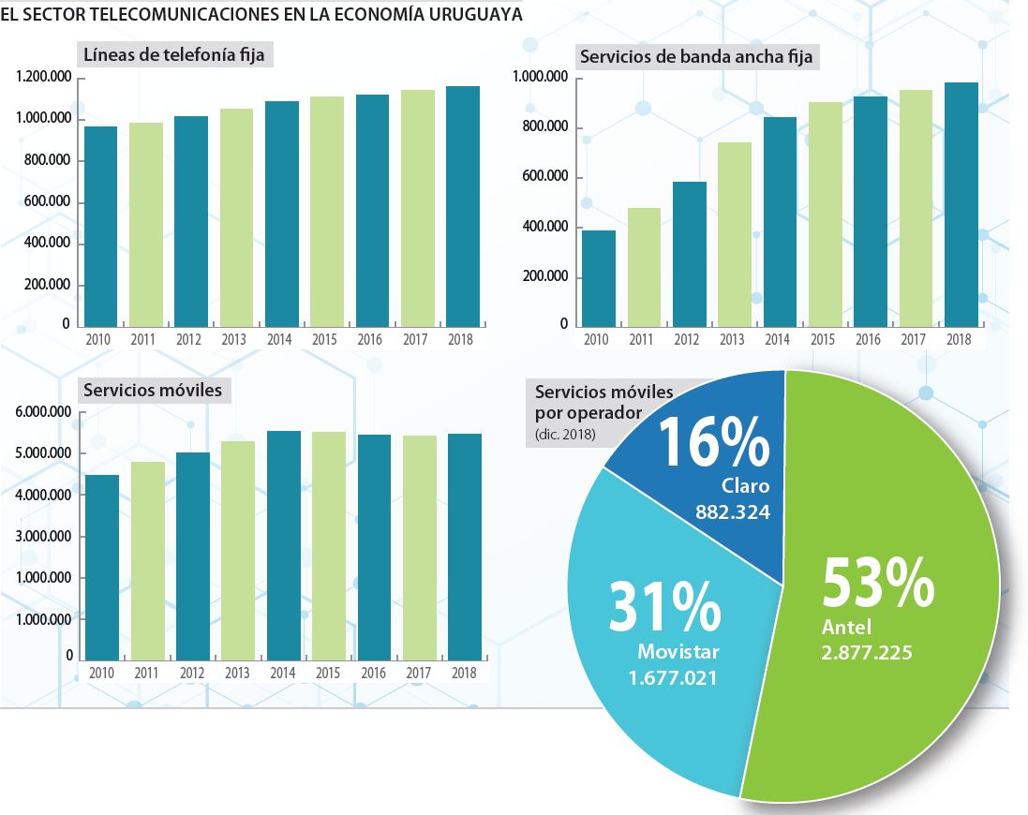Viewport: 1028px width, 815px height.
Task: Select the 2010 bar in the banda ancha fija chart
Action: (598, 279)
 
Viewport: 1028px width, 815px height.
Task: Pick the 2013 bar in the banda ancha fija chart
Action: (735, 234)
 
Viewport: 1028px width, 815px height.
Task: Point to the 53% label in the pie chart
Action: (877, 583)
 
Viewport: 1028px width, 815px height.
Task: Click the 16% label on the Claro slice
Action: (715, 441)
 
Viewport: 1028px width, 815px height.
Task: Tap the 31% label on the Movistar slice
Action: (664, 607)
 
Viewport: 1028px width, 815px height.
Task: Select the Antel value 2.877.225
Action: (867, 653)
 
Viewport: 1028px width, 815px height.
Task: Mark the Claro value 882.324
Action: (733, 512)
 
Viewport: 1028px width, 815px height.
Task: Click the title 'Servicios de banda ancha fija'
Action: (696, 57)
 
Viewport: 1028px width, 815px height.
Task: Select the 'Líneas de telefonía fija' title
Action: (173, 55)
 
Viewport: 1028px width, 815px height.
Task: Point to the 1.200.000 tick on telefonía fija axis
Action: (44, 78)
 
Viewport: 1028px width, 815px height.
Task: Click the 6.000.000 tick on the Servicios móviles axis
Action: (44, 412)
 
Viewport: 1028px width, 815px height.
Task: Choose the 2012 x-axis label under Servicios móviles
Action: (192, 674)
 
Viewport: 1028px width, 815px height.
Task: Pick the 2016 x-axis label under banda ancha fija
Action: (869, 340)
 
